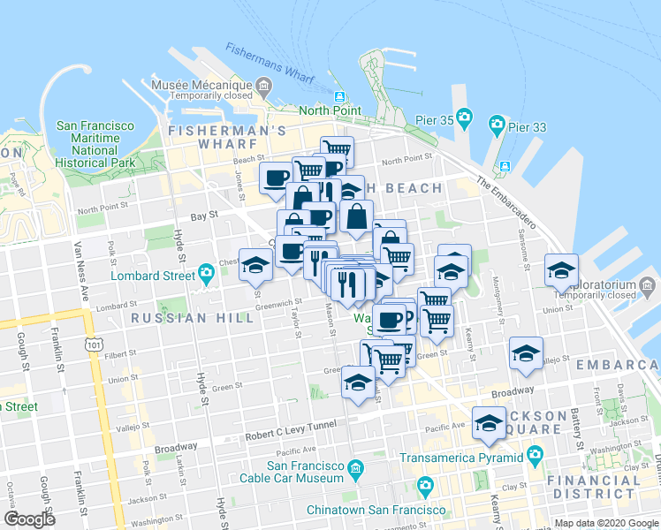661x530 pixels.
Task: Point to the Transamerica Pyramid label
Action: [x=461, y=458]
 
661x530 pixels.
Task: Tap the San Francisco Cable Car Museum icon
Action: [x=355, y=466]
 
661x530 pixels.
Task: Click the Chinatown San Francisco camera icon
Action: [x=425, y=485]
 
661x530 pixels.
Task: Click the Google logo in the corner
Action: [x=29, y=519]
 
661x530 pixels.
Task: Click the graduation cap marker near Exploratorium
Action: [x=561, y=270]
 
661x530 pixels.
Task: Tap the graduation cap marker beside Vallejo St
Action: [x=526, y=353]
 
